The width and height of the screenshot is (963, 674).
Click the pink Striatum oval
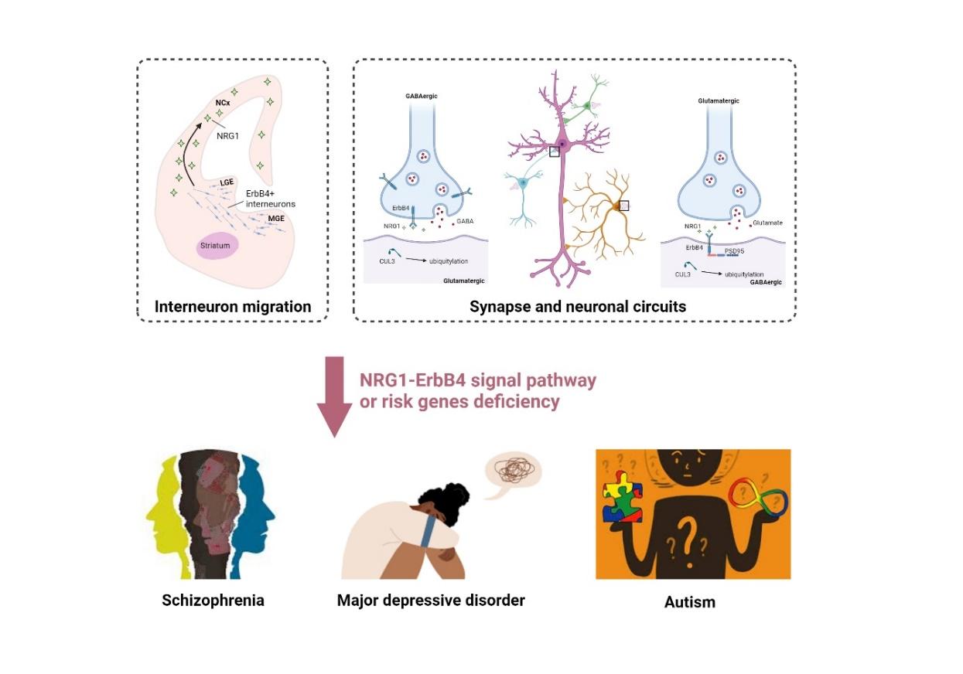(217, 245)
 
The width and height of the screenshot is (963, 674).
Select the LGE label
(227, 182)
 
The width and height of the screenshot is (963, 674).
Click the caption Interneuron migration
(233, 307)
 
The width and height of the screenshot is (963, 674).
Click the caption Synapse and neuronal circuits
(578, 307)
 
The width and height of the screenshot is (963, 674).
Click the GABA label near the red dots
(466, 220)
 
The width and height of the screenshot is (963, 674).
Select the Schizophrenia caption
(213, 600)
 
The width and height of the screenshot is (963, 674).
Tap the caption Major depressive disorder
(431, 600)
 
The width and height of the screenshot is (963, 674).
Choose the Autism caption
(690, 602)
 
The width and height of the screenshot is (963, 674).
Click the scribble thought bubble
(512, 471)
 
